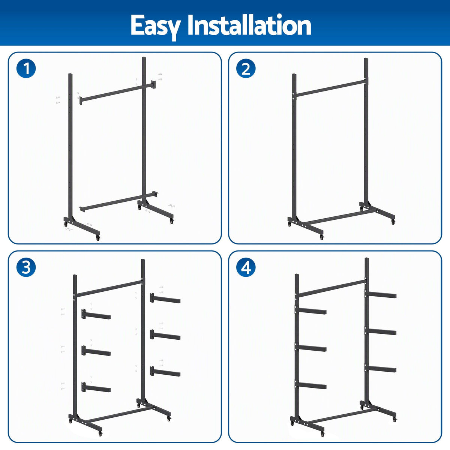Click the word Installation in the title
point(249,25)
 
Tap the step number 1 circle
point(26,68)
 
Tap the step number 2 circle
point(246,68)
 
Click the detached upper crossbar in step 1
point(118,93)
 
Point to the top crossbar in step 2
point(330,88)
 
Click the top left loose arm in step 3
point(96,314)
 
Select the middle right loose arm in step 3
point(165,335)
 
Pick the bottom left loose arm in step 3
point(96,387)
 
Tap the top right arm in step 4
point(381,294)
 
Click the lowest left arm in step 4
point(312,385)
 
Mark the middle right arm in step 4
point(381,331)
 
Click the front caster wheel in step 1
point(98,238)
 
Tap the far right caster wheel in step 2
point(394,222)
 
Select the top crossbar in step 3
point(109,288)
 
